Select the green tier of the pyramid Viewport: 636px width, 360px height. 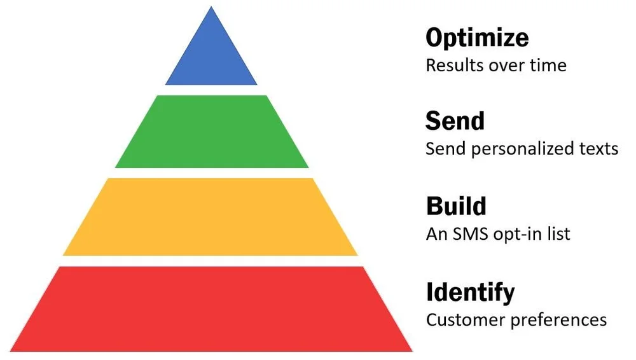pyautogui.click(x=212, y=132)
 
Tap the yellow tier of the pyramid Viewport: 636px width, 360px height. pyautogui.click(x=211, y=217)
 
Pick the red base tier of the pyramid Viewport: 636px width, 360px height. pyautogui.click(x=211, y=309)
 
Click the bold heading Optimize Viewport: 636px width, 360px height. pyautogui.click(x=477, y=38)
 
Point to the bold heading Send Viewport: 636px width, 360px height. pyautogui.click(x=455, y=121)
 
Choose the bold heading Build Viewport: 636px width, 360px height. pyautogui.click(x=456, y=206)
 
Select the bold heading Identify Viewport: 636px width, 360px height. pyautogui.click(x=470, y=292)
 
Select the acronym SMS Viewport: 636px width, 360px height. pyautogui.click(x=466, y=234)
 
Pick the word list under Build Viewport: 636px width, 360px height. pyautogui.click(x=558, y=234)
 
